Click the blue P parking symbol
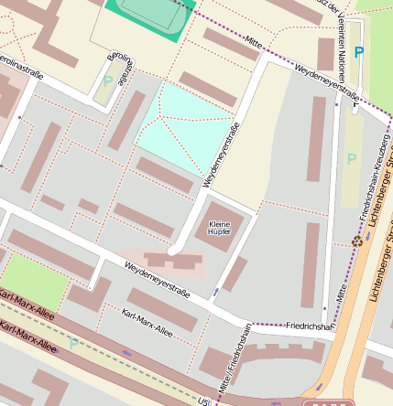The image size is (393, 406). click(x=358, y=53)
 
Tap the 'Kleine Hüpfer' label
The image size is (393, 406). click(x=220, y=229)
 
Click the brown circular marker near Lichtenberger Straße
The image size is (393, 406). click(x=356, y=241)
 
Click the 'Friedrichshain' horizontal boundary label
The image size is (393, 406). click(x=308, y=325)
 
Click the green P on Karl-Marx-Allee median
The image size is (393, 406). click(x=73, y=344)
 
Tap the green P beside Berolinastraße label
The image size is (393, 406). click(x=108, y=81)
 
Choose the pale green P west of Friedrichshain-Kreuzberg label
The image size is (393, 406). click(x=352, y=159)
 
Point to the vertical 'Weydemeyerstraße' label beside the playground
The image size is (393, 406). click(x=222, y=155)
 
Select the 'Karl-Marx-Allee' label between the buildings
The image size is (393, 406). click(x=147, y=322)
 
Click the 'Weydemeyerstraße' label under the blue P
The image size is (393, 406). click(x=324, y=80)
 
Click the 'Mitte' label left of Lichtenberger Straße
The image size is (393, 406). click(x=339, y=293)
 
